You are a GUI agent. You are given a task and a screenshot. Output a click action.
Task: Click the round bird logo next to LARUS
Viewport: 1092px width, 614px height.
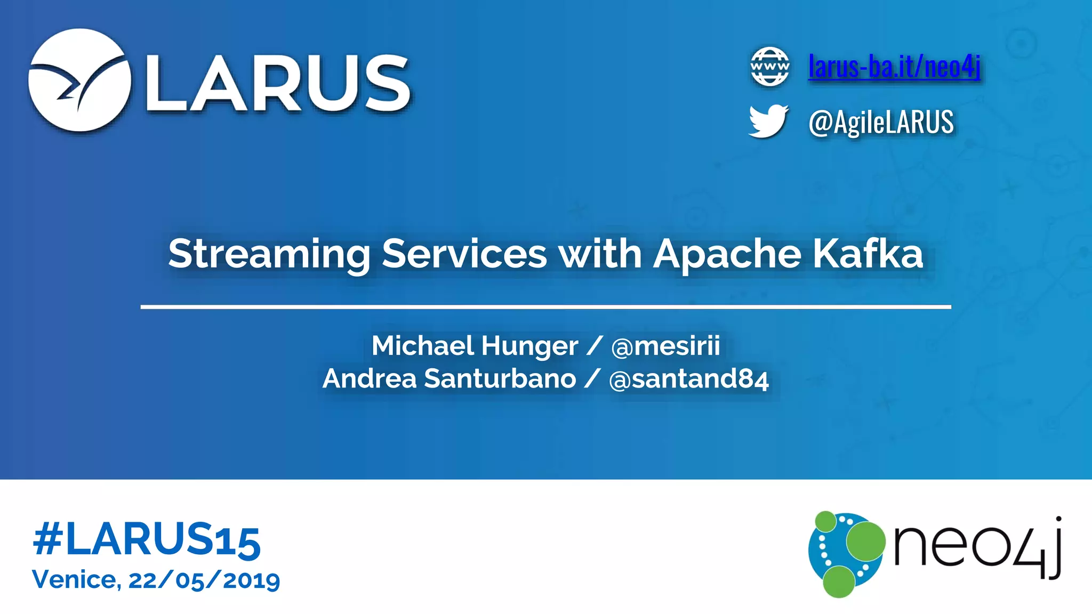[x=79, y=80]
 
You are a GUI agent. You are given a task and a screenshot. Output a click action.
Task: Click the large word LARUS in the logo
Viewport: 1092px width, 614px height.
[x=278, y=84]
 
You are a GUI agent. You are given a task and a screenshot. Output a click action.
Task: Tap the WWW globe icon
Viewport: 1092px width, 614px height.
[x=769, y=67]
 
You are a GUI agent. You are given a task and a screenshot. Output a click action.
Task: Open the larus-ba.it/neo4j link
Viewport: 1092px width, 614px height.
[x=894, y=67]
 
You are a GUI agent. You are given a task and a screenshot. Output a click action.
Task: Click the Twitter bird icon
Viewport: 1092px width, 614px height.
[x=768, y=121]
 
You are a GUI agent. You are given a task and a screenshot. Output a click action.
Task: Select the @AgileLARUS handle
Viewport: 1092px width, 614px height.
[x=881, y=122]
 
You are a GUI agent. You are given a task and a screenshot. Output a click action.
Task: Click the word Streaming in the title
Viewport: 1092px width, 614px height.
[x=269, y=254]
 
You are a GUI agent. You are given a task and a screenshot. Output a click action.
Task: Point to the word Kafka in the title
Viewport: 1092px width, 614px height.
[x=868, y=254]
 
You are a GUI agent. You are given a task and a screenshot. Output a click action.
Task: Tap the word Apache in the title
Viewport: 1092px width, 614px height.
[x=727, y=254]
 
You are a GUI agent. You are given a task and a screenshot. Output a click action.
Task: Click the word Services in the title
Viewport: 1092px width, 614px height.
[x=464, y=254]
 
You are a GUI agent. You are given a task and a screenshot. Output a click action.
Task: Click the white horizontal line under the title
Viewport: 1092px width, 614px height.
[x=545, y=307]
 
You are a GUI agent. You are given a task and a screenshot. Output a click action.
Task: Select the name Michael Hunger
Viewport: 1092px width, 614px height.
[x=475, y=346]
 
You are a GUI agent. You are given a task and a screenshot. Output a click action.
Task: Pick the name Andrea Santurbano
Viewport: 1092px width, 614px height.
[x=449, y=379]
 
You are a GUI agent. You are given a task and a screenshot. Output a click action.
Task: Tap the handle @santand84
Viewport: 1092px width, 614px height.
[x=688, y=379]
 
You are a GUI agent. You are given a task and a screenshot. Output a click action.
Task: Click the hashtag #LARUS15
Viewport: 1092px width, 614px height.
[x=147, y=540]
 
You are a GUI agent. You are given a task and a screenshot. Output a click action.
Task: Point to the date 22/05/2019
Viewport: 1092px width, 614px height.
[x=204, y=580]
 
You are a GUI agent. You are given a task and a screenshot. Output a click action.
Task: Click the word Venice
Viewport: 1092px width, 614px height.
[x=76, y=579]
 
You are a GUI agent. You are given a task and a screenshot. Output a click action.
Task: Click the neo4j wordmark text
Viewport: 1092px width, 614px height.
[x=977, y=548]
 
